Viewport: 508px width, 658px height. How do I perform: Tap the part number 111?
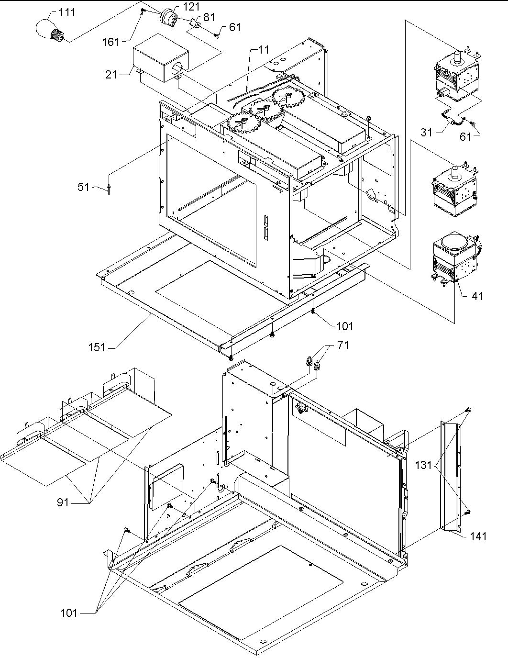coord(67,12)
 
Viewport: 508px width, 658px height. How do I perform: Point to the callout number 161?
coord(110,42)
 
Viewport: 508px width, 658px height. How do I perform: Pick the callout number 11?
coord(263,49)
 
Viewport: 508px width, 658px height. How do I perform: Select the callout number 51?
coord(84,187)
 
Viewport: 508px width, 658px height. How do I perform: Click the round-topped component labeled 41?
coord(454,261)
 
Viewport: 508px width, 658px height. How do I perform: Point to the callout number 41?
coord(477,296)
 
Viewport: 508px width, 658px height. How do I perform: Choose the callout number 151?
coord(97,347)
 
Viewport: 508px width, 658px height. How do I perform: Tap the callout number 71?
coord(343,346)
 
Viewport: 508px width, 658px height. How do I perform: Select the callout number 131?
coord(423,465)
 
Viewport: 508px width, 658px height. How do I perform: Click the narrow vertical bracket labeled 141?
coord(451,476)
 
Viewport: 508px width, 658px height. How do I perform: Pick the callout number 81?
coord(209,17)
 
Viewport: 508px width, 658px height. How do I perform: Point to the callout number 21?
coord(111,75)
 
